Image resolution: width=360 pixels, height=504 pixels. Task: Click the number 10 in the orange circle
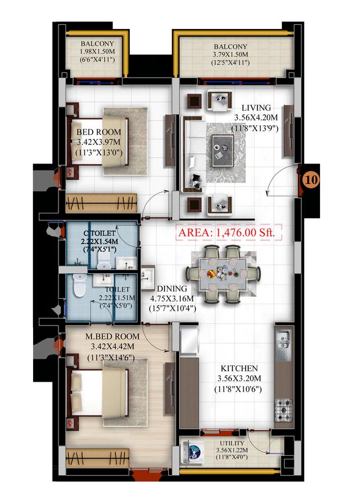point(311,179)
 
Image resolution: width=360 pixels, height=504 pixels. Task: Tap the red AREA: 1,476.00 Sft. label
point(227,232)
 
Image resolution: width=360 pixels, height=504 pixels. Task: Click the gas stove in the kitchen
point(284,411)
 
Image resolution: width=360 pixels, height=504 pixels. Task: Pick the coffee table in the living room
point(223,151)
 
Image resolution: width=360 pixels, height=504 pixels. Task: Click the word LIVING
point(256,108)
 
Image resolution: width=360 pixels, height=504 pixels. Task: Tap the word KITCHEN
point(239,368)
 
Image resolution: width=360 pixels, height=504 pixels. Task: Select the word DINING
point(172,289)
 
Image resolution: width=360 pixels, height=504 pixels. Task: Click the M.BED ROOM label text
point(112,336)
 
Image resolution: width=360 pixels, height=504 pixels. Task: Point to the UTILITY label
point(232,443)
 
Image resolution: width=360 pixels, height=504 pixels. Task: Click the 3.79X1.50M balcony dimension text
point(231,55)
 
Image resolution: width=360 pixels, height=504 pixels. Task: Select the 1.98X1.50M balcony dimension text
point(97,52)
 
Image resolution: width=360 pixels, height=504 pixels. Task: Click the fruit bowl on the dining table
point(212,274)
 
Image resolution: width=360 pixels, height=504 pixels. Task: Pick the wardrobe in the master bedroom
point(97,458)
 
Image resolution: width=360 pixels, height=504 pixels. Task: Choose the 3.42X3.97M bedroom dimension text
point(99,142)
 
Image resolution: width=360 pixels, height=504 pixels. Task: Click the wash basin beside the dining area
point(148,277)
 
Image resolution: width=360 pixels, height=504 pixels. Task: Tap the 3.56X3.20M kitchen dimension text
point(239,378)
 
